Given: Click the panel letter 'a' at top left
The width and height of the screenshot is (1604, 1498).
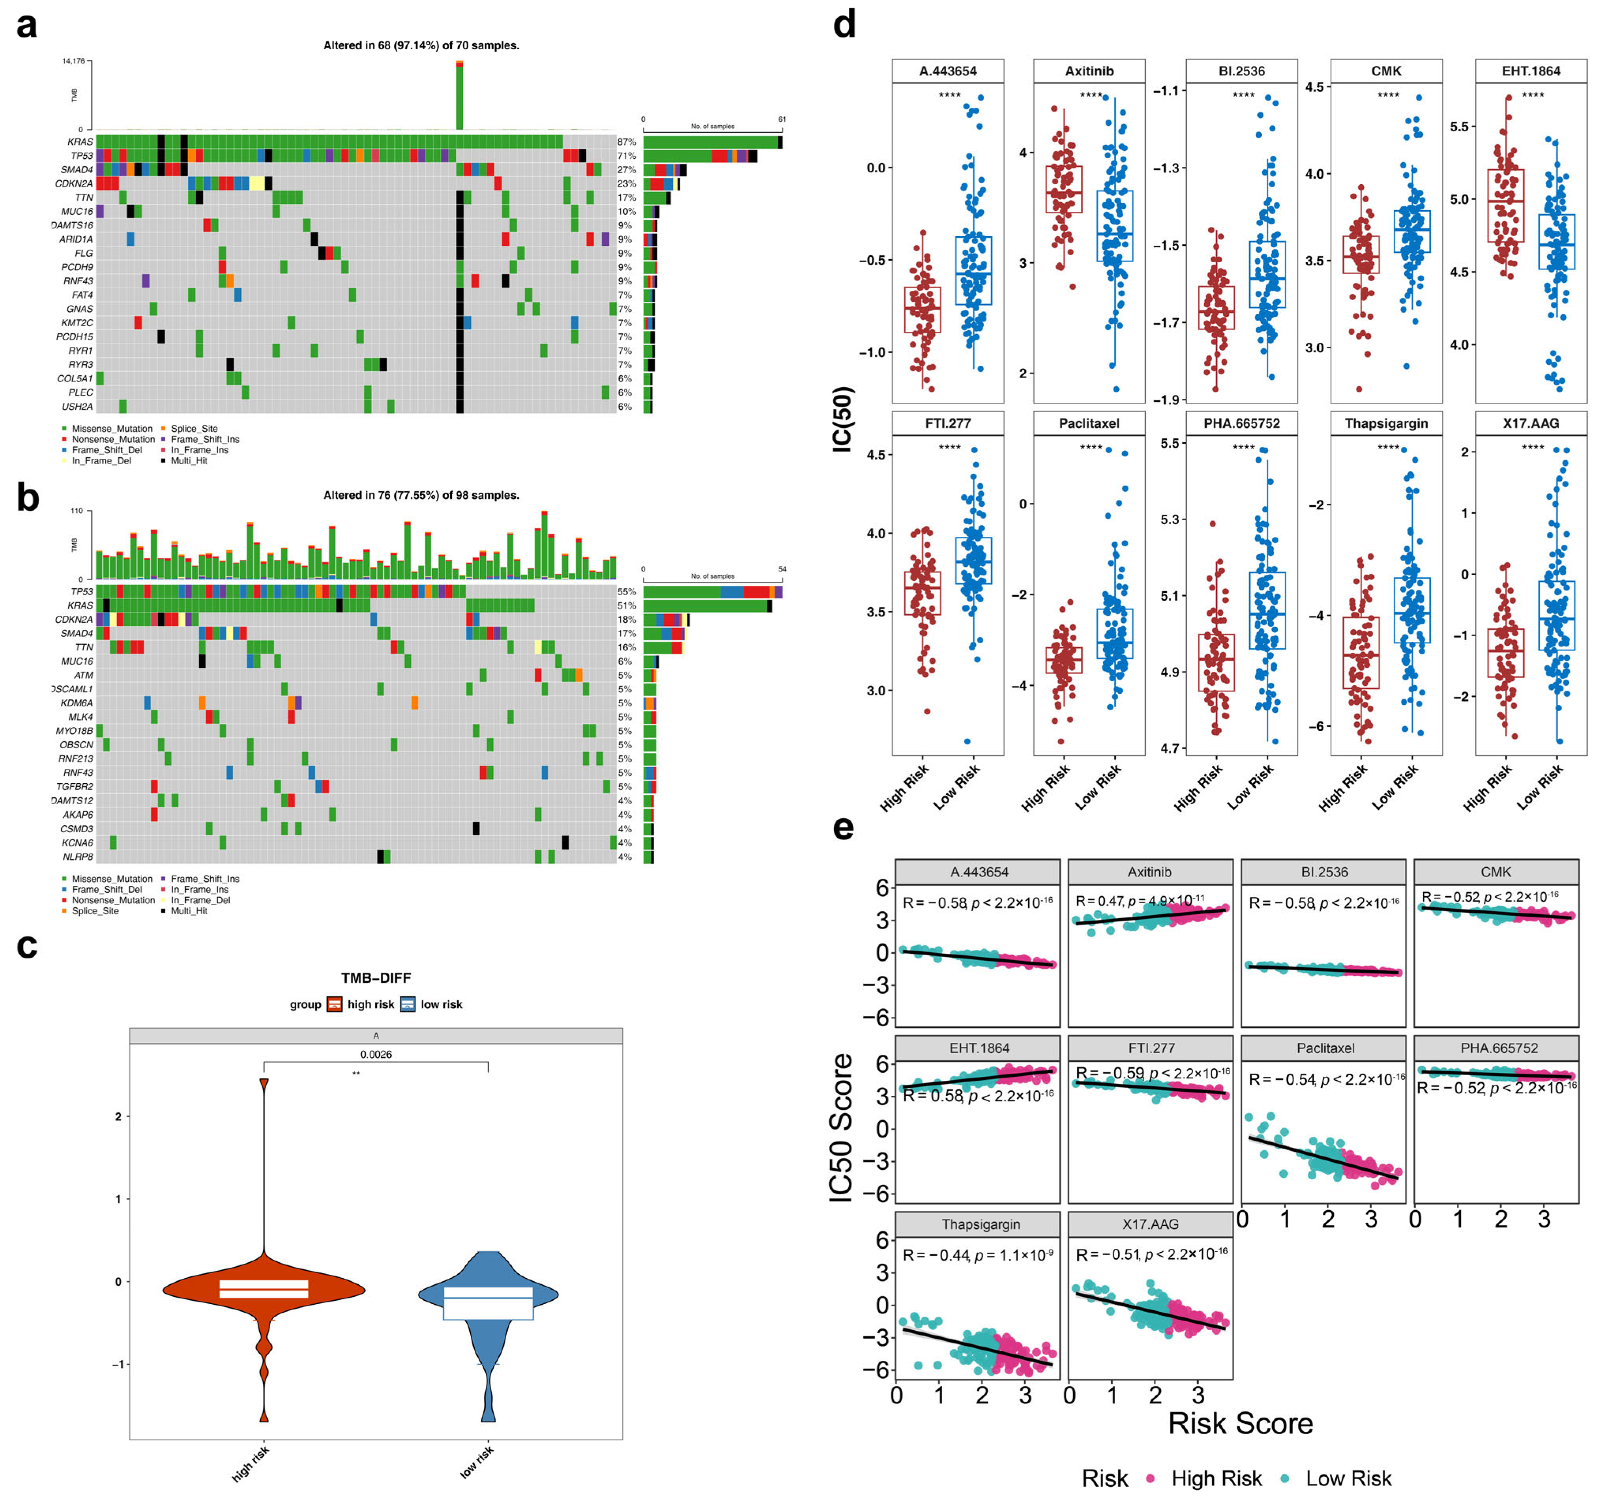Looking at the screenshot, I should pos(26,26).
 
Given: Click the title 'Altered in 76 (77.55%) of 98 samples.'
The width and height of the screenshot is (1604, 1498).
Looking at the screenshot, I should pos(421,495).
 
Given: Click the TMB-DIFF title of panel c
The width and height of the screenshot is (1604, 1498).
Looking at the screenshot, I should pos(376,978).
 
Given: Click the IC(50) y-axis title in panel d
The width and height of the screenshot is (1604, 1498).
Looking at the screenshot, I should pos(842,420).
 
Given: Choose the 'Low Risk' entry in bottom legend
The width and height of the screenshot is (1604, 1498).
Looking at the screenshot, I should pos(1348,1478).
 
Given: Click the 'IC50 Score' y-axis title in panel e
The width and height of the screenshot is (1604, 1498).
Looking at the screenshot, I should pos(842,1128).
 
